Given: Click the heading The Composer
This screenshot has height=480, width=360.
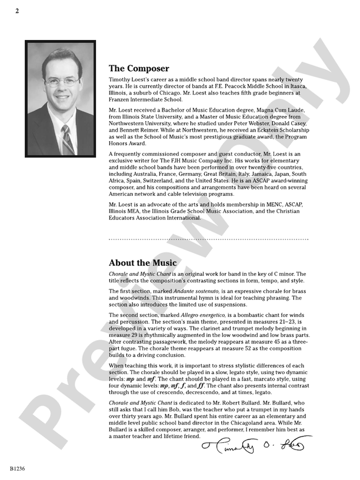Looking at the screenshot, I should point(139,69).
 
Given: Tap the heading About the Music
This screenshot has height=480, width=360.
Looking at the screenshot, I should point(142,263).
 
